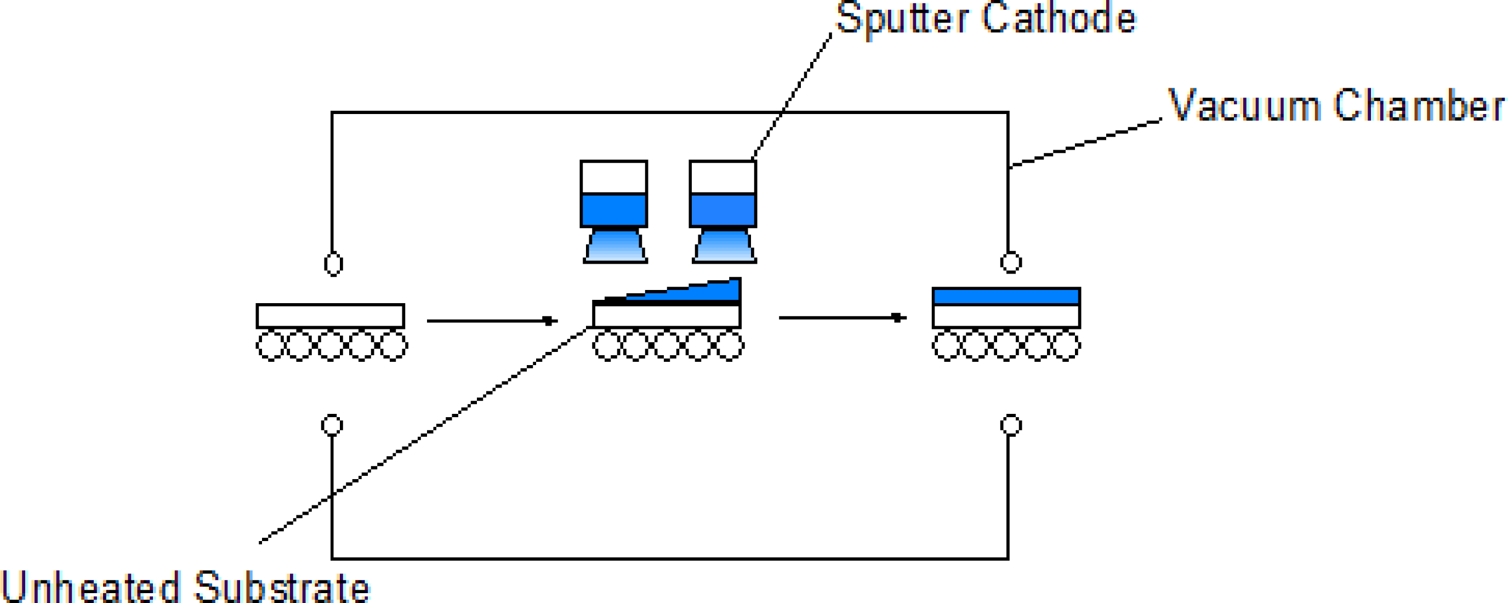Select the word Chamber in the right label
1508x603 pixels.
(x=1419, y=106)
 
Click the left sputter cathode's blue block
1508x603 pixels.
(x=613, y=209)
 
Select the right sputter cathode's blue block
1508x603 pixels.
(x=723, y=209)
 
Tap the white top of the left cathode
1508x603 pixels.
(x=613, y=177)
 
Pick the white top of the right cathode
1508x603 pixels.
(x=723, y=177)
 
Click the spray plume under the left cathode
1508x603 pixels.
(x=615, y=246)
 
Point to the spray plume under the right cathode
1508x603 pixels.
(x=725, y=246)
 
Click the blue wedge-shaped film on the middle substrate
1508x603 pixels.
(x=703, y=292)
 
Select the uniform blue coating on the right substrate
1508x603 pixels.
(x=1006, y=296)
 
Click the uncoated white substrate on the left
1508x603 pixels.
(x=330, y=316)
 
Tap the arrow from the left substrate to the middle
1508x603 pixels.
(x=492, y=321)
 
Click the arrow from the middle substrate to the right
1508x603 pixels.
(x=843, y=318)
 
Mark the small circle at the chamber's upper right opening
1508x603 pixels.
(x=1011, y=263)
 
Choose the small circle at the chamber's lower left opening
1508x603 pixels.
(x=332, y=425)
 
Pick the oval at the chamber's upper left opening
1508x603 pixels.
(x=333, y=264)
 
